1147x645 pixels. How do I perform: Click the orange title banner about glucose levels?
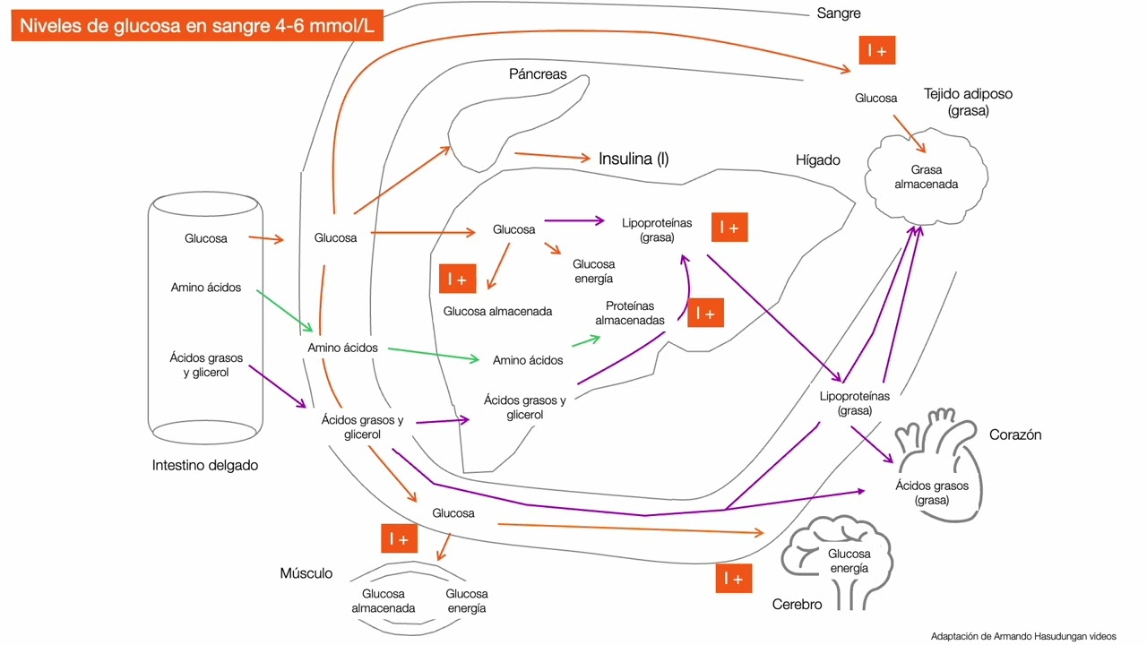click(197, 26)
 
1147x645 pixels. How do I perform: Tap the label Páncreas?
click(538, 74)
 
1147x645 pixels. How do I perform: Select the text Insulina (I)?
click(634, 159)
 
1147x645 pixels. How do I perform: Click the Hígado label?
click(818, 160)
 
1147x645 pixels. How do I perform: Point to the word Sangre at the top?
click(839, 13)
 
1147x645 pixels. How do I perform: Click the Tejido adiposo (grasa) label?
click(968, 102)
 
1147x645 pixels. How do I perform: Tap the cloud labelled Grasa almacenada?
click(927, 176)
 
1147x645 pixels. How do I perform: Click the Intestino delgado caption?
click(205, 466)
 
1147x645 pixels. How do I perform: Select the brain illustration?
click(837, 559)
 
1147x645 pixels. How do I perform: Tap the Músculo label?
click(306, 573)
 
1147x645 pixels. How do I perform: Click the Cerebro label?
click(798, 605)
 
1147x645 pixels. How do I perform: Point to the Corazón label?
click(1015, 434)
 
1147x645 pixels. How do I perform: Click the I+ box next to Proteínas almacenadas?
click(705, 313)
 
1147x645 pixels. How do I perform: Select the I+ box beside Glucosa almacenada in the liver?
click(458, 279)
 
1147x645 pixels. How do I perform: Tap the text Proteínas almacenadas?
click(630, 313)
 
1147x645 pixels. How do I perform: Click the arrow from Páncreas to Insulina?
click(552, 156)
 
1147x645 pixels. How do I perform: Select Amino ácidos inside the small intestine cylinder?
click(206, 288)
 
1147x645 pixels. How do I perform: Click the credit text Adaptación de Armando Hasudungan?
click(1023, 636)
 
